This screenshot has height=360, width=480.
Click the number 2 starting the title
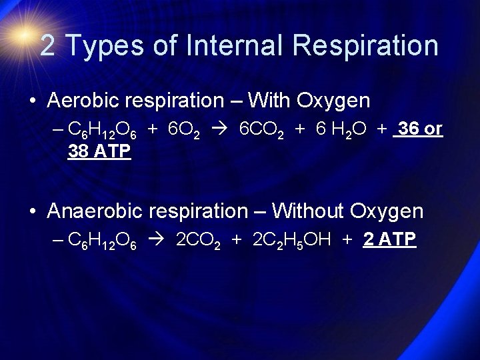coord(47,45)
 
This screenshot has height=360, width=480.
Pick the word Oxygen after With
coord(336,101)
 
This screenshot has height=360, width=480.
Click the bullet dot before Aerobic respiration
coord(33,101)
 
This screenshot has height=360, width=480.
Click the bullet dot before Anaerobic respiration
coord(33,212)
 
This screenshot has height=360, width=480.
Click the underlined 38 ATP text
coord(99,152)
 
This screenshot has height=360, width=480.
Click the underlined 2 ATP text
coord(390,239)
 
